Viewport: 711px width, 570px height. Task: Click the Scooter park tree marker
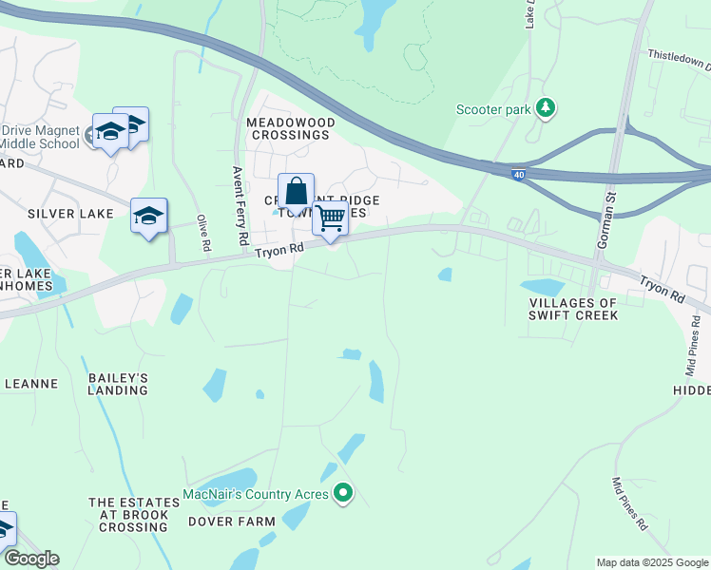pyautogui.click(x=546, y=109)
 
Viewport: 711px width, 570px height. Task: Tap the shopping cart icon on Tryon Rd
pyautogui.click(x=330, y=218)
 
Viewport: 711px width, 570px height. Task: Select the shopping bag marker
pyautogui.click(x=296, y=190)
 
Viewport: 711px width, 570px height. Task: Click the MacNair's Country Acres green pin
pyautogui.click(x=344, y=494)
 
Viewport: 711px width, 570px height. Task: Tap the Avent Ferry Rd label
pyautogui.click(x=240, y=205)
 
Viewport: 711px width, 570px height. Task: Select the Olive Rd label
pyautogui.click(x=202, y=233)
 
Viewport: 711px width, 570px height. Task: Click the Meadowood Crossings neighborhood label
pyautogui.click(x=290, y=128)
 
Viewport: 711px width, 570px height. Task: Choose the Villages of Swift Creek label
pyautogui.click(x=573, y=309)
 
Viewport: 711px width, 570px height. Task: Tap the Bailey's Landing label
pyautogui.click(x=119, y=384)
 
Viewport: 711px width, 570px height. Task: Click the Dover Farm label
pyautogui.click(x=232, y=522)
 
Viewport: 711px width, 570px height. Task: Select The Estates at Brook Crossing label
pyautogui.click(x=129, y=514)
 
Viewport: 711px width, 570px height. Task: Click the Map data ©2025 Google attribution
pyautogui.click(x=652, y=562)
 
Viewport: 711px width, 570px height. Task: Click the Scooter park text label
pyautogui.click(x=493, y=110)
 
